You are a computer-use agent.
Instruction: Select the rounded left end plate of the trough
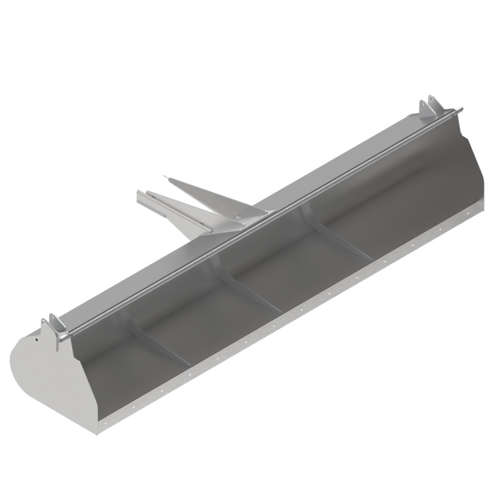tap(48, 381)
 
